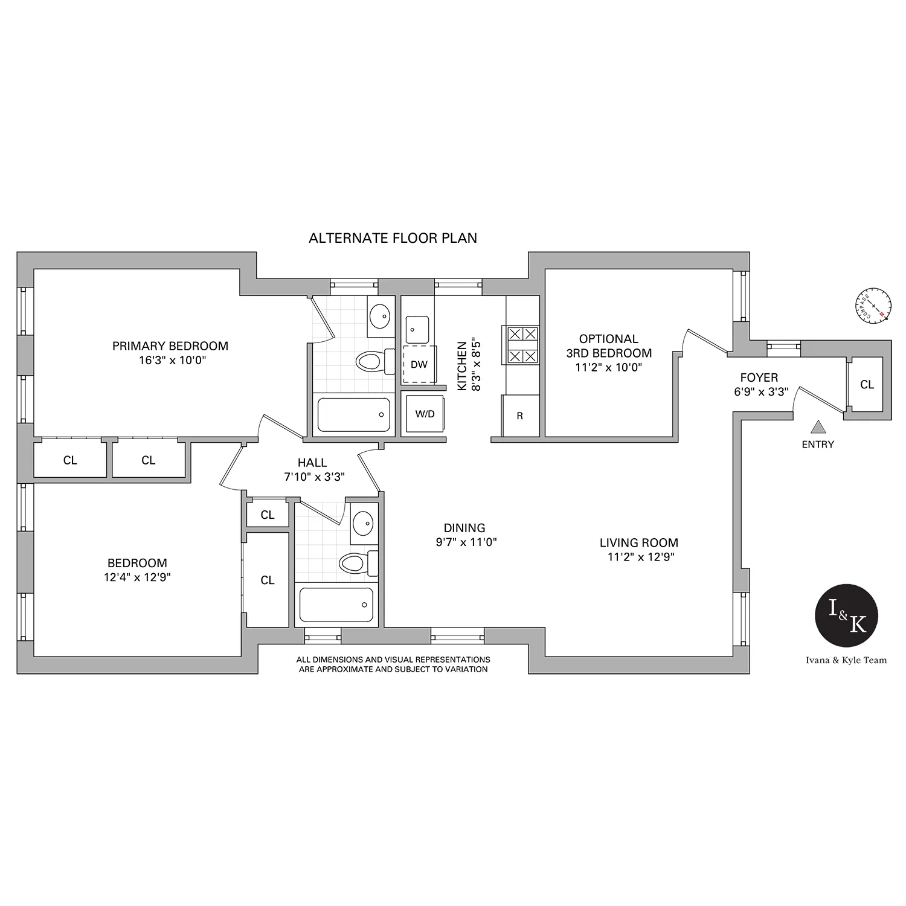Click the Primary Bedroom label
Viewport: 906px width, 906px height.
coord(170,346)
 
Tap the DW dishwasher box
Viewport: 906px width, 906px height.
coord(419,364)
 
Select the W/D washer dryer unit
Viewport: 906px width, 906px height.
coord(425,414)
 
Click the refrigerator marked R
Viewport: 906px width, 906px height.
coord(520,416)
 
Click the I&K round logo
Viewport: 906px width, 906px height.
coord(846,616)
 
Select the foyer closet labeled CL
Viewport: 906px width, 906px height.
coord(867,384)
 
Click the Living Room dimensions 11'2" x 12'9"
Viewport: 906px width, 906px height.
coord(640,557)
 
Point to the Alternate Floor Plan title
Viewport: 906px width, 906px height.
coord(393,238)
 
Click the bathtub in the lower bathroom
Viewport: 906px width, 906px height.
coord(336,605)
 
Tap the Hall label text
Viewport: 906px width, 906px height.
coord(312,463)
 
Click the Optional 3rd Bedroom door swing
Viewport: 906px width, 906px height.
coord(701,341)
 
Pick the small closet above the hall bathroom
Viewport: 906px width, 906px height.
coord(268,514)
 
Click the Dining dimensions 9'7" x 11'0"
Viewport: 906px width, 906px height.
coord(466,542)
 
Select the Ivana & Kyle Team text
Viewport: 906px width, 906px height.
coord(846,660)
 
